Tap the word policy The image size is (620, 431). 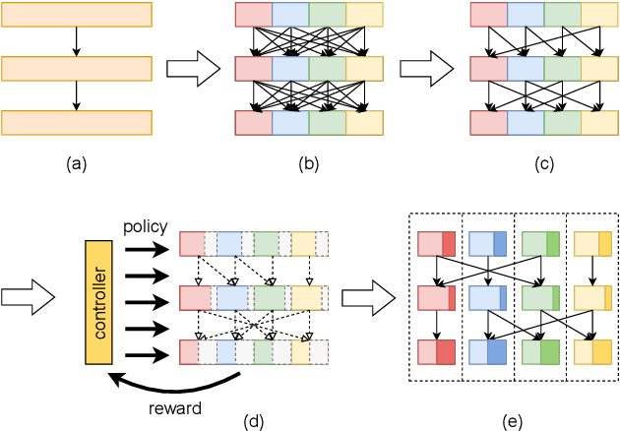(x=145, y=226)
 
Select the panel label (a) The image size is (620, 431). (x=76, y=164)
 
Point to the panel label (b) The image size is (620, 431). (x=309, y=164)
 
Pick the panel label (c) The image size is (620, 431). (x=542, y=164)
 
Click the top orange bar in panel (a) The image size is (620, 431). (x=77, y=15)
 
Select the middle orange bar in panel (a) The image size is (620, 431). (x=77, y=69)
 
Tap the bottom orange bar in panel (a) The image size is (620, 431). (x=77, y=122)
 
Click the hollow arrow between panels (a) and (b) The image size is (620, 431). (x=187, y=69)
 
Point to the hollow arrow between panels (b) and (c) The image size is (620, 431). (x=420, y=69)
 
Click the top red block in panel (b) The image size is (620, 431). (x=253, y=15)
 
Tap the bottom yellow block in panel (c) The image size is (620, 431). (x=598, y=122)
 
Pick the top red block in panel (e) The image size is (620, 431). (x=436, y=243)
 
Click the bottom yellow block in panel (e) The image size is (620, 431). (x=592, y=353)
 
